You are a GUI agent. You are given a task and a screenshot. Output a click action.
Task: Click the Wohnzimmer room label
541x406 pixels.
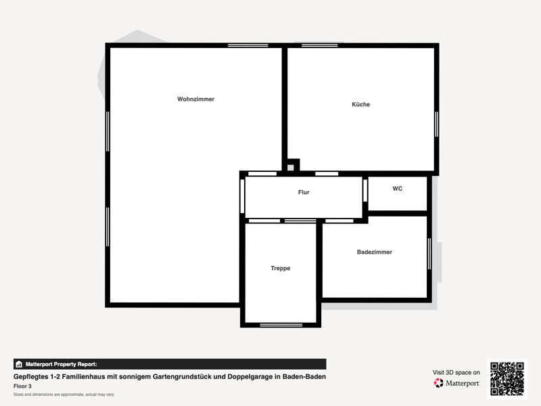pyautogui.click(x=195, y=99)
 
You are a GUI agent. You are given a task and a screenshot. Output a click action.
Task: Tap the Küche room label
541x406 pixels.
pyautogui.click(x=360, y=104)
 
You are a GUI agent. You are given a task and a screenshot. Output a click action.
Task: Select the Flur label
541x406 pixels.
pyautogui.click(x=304, y=192)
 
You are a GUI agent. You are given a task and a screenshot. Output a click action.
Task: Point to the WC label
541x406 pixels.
pyautogui.click(x=397, y=189)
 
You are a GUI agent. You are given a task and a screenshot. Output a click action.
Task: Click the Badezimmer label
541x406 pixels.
pyautogui.click(x=375, y=252)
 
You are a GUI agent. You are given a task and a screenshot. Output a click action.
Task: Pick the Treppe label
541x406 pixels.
pyautogui.click(x=280, y=268)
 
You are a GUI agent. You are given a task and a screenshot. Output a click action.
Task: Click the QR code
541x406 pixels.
pyautogui.click(x=507, y=379)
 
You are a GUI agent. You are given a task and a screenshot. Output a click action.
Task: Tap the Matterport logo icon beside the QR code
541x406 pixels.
pyautogui.click(x=438, y=383)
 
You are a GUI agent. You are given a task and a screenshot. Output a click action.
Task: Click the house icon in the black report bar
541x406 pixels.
pyautogui.click(x=19, y=364)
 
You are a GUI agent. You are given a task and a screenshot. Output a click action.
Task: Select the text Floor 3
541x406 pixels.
pyautogui.click(x=22, y=386)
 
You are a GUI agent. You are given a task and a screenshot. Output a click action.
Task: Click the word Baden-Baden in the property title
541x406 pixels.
pyautogui.click(x=304, y=377)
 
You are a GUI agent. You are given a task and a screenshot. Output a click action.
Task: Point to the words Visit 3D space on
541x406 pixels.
pyautogui.click(x=456, y=373)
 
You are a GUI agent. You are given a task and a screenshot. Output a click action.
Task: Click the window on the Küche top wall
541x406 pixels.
pyautogui.click(x=319, y=45)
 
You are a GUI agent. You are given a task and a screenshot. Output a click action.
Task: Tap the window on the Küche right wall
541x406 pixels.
pyautogui.click(x=436, y=124)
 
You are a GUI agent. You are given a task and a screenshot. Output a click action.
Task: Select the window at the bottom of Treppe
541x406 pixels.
pyautogui.click(x=281, y=325)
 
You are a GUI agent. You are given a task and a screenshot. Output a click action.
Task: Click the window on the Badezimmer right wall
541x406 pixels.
pyautogui.click(x=429, y=254)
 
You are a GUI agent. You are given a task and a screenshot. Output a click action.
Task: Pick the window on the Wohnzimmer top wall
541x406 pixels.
pyautogui.click(x=248, y=45)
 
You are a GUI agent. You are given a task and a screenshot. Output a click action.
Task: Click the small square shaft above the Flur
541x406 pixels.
pyautogui.click(x=291, y=167)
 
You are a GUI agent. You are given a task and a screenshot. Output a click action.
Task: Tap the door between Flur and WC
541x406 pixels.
pyautogui.click(x=365, y=191)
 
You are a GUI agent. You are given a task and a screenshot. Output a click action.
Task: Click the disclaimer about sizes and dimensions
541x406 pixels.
pyautogui.click(x=64, y=394)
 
